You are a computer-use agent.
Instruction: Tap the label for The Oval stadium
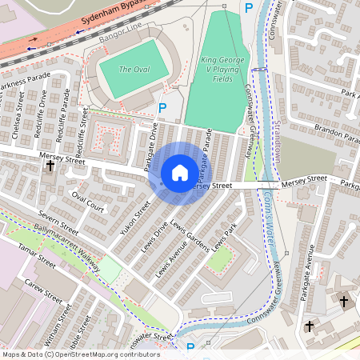click(x=134, y=70)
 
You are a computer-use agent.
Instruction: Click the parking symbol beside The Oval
click(x=163, y=107)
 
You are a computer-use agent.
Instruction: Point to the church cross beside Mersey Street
click(x=50, y=166)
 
